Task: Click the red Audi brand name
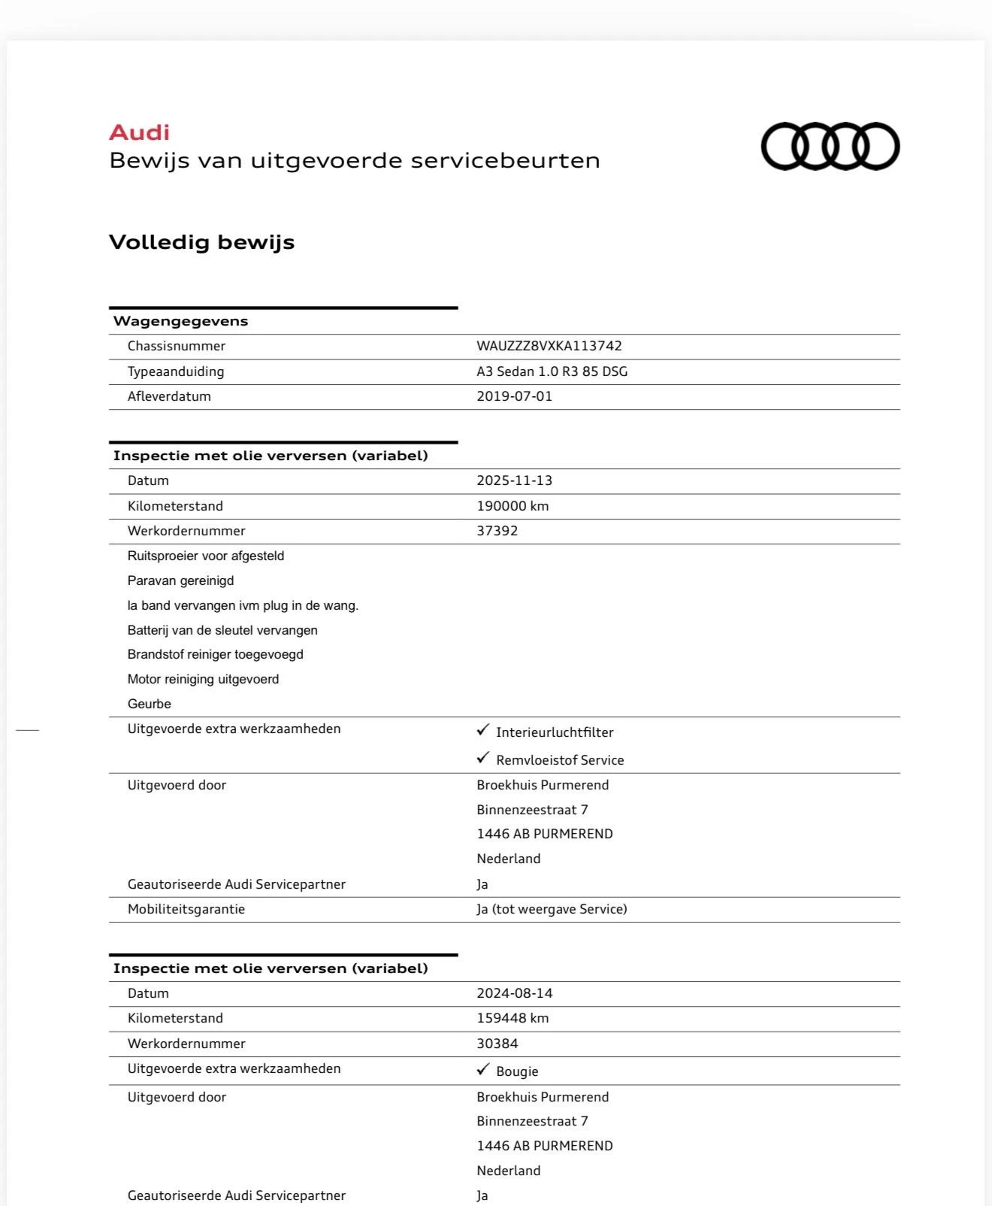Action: [x=140, y=132]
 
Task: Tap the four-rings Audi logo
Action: [x=830, y=146]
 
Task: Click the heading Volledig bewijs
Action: [x=201, y=242]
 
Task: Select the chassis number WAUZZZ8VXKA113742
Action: [x=549, y=346]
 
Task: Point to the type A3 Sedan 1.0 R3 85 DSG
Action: [x=552, y=371]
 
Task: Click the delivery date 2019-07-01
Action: [x=514, y=396]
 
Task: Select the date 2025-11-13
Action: [x=514, y=480]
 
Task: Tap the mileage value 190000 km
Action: [x=513, y=506]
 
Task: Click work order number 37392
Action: [x=497, y=531]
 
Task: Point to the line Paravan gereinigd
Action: [x=180, y=580]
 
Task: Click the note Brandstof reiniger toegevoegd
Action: [x=215, y=654]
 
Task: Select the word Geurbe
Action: [x=149, y=704]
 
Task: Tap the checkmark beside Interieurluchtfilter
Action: [x=482, y=730]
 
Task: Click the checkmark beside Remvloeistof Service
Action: [x=482, y=758]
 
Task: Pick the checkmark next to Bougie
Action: [x=482, y=1069]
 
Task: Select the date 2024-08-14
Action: [x=514, y=993]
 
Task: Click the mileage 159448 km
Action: [x=513, y=1018]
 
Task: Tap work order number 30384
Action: [x=497, y=1044]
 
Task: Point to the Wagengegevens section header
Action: [x=180, y=321]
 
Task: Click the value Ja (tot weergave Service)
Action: [x=552, y=909]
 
